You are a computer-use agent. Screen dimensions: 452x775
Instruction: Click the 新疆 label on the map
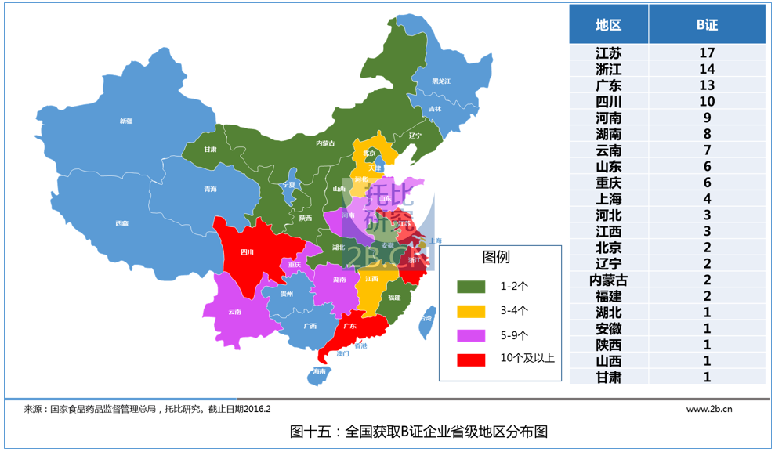click(x=126, y=121)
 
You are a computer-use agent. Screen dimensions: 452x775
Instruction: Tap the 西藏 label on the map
click(x=121, y=223)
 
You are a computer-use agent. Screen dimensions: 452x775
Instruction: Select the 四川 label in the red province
click(x=247, y=252)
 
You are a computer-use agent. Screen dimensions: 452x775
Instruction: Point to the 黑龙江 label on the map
click(x=441, y=81)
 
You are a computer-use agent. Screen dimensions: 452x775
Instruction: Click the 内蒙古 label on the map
click(x=325, y=143)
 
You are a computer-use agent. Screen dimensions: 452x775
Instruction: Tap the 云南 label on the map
click(x=234, y=312)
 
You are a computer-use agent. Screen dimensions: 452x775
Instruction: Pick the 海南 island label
click(x=319, y=371)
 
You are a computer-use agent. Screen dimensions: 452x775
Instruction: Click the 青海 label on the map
click(x=210, y=190)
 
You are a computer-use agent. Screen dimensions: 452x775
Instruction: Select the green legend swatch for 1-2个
click(x=472, y=287)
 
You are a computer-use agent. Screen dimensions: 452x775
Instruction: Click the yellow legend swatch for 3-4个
click(x=472, y=311)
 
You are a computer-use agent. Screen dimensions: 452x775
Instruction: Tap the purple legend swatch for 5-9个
click(x=472, y=335)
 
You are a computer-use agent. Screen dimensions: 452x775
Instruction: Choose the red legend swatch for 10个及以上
click(x=472, y=360)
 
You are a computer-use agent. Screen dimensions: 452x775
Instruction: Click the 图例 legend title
click(x=496, y=257)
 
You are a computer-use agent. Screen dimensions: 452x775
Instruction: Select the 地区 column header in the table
click(x=608, y=24)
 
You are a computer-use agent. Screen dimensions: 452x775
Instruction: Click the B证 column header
click(x=707, y=24)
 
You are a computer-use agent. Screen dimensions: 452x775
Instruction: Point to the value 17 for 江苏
click(x=707, y=53)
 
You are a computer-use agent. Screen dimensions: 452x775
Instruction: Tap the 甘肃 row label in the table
click(x=608, y=377)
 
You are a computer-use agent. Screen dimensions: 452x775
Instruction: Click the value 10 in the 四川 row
click(x=707, y=102)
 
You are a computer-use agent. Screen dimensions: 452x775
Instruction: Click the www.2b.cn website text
click(x=709, y=409)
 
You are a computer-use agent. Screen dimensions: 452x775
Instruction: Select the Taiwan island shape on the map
click(x=426, y=324)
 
